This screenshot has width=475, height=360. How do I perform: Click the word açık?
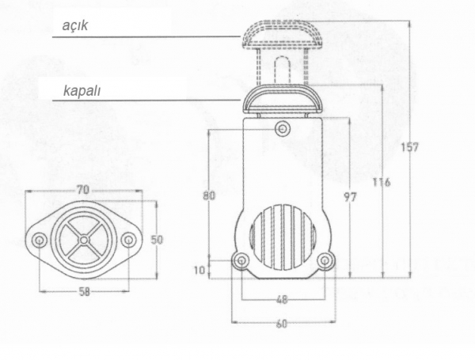click(75, 25)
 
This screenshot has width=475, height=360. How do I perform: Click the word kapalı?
click(82, 91)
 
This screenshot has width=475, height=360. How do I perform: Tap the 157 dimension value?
click(409, 147)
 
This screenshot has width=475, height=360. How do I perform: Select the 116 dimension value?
click(382, 182)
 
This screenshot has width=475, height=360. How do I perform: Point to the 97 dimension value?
click(350, 197)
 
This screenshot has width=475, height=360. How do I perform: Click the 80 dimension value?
click(209, 195)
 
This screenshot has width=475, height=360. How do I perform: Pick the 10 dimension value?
click(199, 270)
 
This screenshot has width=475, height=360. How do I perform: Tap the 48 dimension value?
click(282, 299)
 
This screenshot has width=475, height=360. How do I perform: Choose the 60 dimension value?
click(281, 324)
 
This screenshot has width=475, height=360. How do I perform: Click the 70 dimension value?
click(82, 190)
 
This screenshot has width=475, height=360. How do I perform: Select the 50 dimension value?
click(157, 240)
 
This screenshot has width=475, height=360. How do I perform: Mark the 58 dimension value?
click(85, 292)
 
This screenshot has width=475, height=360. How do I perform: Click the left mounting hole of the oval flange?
click(40, 241)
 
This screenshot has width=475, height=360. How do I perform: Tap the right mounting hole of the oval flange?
click(128, 240)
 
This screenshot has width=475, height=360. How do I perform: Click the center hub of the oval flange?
click(84, 240)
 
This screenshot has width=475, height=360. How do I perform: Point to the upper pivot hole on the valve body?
click(283, 129)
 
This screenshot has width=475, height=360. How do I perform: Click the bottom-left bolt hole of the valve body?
click(241, 260)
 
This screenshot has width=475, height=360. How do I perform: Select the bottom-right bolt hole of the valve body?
click(325, 260)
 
